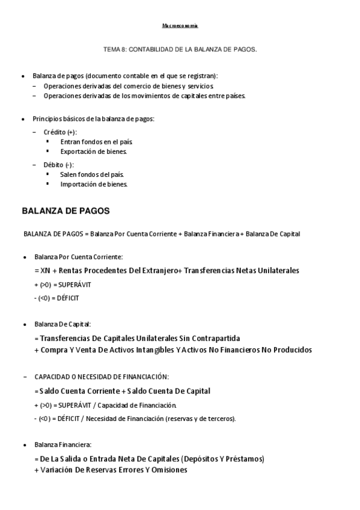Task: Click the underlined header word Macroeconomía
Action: (180, 26)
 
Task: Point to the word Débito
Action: (52, 164)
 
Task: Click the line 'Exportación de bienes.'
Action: (94, 152)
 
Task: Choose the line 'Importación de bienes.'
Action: (94, 184)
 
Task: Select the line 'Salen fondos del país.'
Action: (92, 174)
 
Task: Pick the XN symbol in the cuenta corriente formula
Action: (47, 270)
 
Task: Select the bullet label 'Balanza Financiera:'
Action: (63, 444)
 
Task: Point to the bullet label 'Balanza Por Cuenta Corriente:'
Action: (78, 256)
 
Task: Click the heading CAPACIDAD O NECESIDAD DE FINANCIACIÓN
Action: (102, 376)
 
